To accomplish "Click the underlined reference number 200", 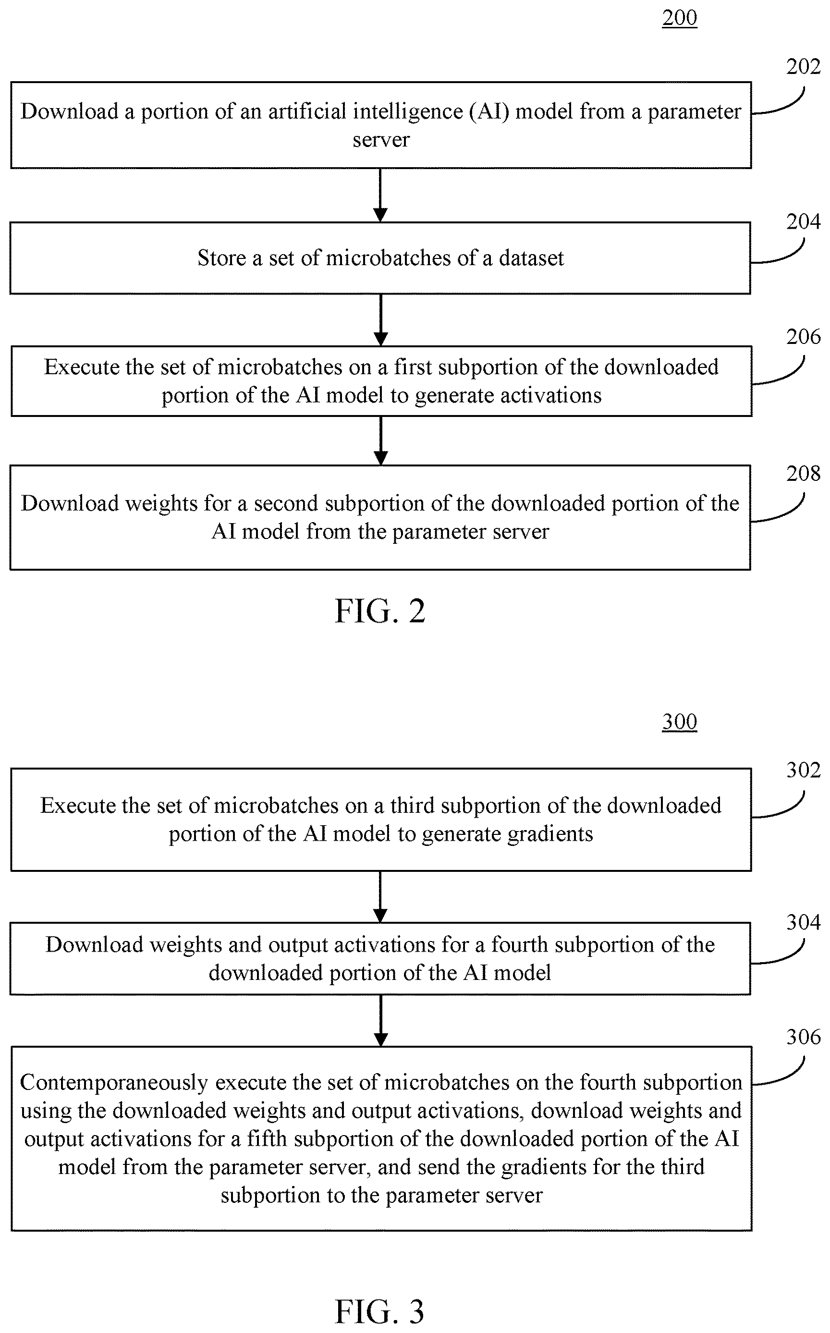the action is tap(679, 18).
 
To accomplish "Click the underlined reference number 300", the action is tap(679, 722).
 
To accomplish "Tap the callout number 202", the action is tap(803, 66).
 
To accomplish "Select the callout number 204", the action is tap(803, 221).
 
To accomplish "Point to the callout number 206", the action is tap(803, 337).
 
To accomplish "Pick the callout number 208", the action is tap(803, 473).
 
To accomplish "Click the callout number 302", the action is tap(803, 770).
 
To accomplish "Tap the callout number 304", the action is tap(803, 922).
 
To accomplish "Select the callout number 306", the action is tap(803, 1037).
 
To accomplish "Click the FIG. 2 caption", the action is tap(380, 611).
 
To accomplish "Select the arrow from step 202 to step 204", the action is tap(380, 195).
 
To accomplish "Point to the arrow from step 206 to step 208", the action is tap(380, 441).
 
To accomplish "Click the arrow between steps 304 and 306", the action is tap(380, 1021).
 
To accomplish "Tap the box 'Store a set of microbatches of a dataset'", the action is tap(380, 258).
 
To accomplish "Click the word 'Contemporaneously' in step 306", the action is tap(114, 1082).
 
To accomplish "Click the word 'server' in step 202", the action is tap(381, 140).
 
